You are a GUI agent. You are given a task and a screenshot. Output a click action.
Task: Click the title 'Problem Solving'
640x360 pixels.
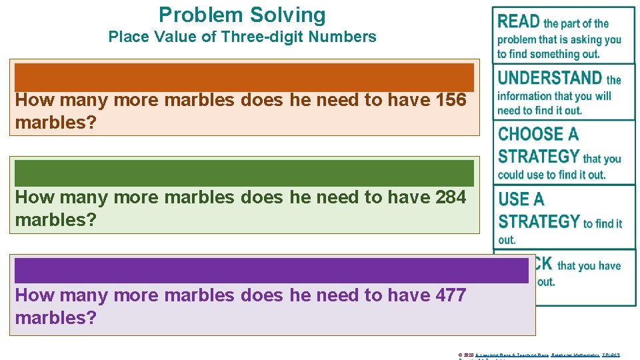pyautogui.click(x=242, y=15)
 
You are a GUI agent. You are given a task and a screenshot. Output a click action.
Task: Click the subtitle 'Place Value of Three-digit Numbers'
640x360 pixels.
pyautogui.click(x=242, y=37)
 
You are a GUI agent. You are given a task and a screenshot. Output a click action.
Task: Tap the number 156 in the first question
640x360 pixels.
pyautogui.click(x=450, y=101)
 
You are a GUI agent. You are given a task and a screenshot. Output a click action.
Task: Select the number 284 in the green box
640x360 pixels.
pyautogui.click(x=450, y=197)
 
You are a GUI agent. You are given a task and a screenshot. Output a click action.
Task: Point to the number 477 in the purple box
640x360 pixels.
pyautogui.click(x=450, y=295)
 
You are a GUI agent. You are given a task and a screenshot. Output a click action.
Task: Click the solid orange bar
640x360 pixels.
pyautogui.click(x=244, y=77)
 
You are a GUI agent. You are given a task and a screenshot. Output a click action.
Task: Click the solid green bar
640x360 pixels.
pyautogui.click(x=244, y=173)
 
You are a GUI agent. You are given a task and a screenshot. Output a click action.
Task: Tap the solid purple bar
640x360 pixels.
pyautogui.click(x=271, y=270)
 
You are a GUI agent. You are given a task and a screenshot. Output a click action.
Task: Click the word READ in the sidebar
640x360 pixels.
pyautogui.click(x=519, y=21)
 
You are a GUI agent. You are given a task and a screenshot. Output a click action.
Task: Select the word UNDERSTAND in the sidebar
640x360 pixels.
pyautogui.click(x=550, y=78)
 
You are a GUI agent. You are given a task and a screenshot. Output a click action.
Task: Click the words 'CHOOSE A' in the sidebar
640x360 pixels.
pyautogui.click(x=538, y=134)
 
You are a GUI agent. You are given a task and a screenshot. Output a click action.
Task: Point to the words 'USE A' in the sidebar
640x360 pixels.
pyautogui.click(x=521, y=199)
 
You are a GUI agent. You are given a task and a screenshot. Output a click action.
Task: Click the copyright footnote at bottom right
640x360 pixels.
pyautogui.click(x=539, y=355)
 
